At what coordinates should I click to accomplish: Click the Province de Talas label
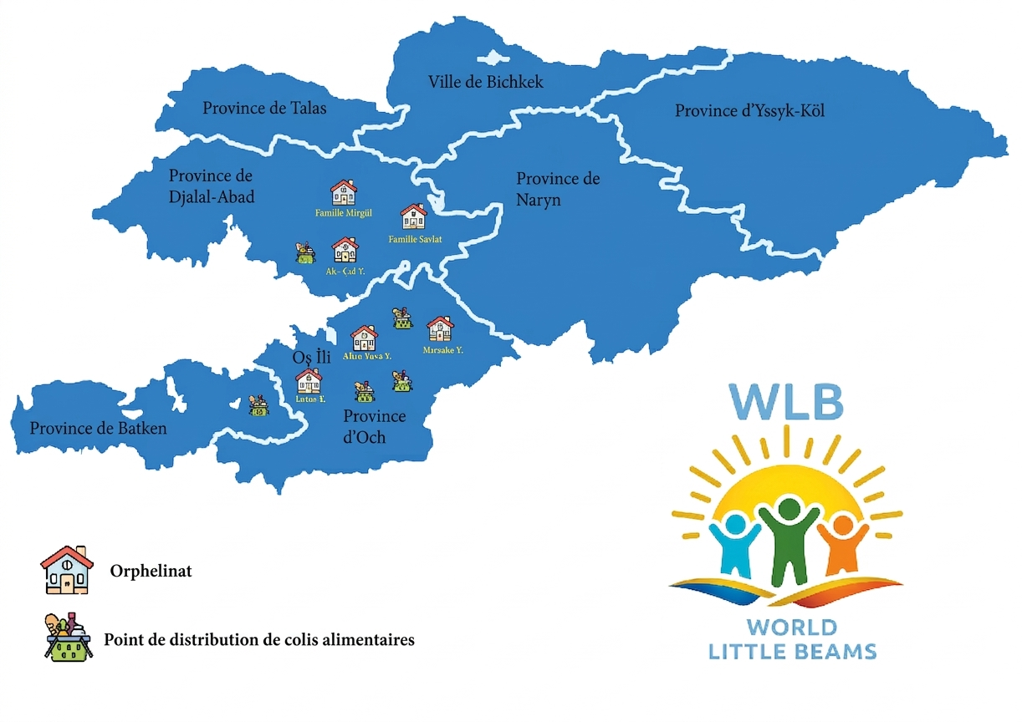264,109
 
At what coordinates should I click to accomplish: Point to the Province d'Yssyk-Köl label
750,110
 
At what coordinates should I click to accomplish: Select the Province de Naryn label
558,190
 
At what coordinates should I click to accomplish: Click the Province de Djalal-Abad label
212,186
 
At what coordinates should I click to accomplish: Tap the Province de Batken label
98,429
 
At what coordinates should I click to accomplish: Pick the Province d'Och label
374,426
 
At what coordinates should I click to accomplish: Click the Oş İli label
312,358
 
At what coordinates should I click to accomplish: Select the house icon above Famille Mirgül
343,192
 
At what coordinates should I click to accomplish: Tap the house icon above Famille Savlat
413,216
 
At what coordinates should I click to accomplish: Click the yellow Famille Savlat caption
415,240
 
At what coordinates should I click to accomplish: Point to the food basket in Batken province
258,407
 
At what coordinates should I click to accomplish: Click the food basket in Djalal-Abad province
305,252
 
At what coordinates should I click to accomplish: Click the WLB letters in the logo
784,400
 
